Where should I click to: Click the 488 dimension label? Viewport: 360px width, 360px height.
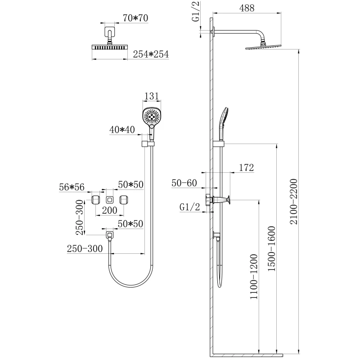click(247, 8)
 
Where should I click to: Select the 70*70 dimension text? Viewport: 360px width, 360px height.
click(135, 18)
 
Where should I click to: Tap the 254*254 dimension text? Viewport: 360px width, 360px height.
click(151, 54)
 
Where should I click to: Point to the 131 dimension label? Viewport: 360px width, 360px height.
click(152, 96)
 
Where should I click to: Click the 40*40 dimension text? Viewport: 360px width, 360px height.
click(122, 130)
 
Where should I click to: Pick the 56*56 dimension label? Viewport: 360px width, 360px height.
click(72, 187)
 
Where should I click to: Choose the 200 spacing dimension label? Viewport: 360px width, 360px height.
click(109, 210)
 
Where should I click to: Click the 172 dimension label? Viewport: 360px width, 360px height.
click(246, 168)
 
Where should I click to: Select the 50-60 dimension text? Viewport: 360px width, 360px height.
click(184, 183)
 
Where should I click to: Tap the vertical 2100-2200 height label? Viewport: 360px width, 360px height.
click(294, 201)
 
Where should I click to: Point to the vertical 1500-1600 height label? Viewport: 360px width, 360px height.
click(272, 248)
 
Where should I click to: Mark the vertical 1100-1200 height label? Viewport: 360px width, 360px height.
click(254, 277)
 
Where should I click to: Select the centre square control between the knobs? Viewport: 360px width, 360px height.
click(110, 200)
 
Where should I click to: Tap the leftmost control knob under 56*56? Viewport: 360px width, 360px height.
click(96, 200)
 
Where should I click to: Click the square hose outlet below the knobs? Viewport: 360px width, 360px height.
click(109, 234)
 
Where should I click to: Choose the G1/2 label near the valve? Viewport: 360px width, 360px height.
click(190, 207)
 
